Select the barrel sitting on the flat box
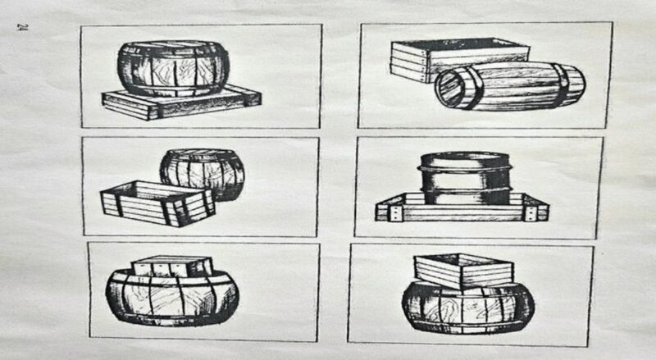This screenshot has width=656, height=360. click(x=173, y=69)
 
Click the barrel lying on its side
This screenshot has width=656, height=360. click(x=509, y=87)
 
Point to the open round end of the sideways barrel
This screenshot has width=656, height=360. click(x=450, y=89)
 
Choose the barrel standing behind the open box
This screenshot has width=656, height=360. click(x=203, y=174)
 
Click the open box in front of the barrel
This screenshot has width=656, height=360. click(x=158, y=203)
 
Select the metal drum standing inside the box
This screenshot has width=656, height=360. click(x=466, y=177)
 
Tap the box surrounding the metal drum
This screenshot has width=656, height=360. click(x=462, y=207)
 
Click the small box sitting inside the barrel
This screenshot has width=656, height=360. click(x=172, y=267)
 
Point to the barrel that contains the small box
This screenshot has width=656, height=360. click(x=172, y=296)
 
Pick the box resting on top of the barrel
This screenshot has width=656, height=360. click(x=463, y=271)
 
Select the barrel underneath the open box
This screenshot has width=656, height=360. click(x=468, y=307)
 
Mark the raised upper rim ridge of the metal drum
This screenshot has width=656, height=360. click(x=465, y=170)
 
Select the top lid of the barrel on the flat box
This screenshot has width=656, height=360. click(x=173, y=45)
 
